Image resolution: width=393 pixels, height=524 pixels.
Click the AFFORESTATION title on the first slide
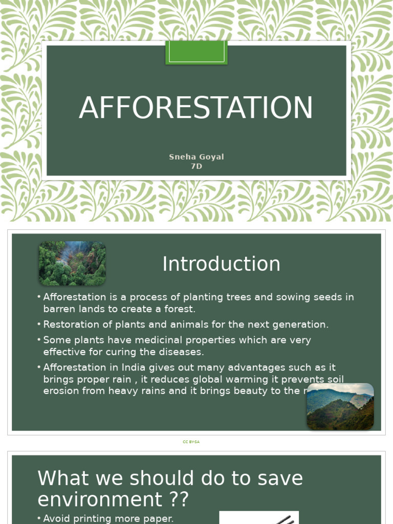pyautogui.click(x=196, y=108)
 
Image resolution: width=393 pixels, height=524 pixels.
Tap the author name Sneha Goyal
pyautogui.click(x=196, y=157)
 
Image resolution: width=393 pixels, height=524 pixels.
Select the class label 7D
pyautogui.click(x=196, y=166)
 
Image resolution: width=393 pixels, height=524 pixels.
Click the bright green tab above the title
pyautogui.click(x=196, y=52)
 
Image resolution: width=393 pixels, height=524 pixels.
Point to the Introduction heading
pyautogui.click(x=221, y=264)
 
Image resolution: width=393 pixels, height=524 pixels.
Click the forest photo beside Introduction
pyautogui.click(x=72, y=263)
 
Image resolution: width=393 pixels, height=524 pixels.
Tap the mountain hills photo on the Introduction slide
pyautogui.click(x=340, y=406)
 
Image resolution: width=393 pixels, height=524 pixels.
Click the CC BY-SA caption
pyautogui.click(x=191, y=442)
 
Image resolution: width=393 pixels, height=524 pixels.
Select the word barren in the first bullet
pyautogui.click(x=59, y=309)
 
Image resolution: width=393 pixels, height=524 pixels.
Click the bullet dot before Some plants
pyautogui.click(x=39, y=340)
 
